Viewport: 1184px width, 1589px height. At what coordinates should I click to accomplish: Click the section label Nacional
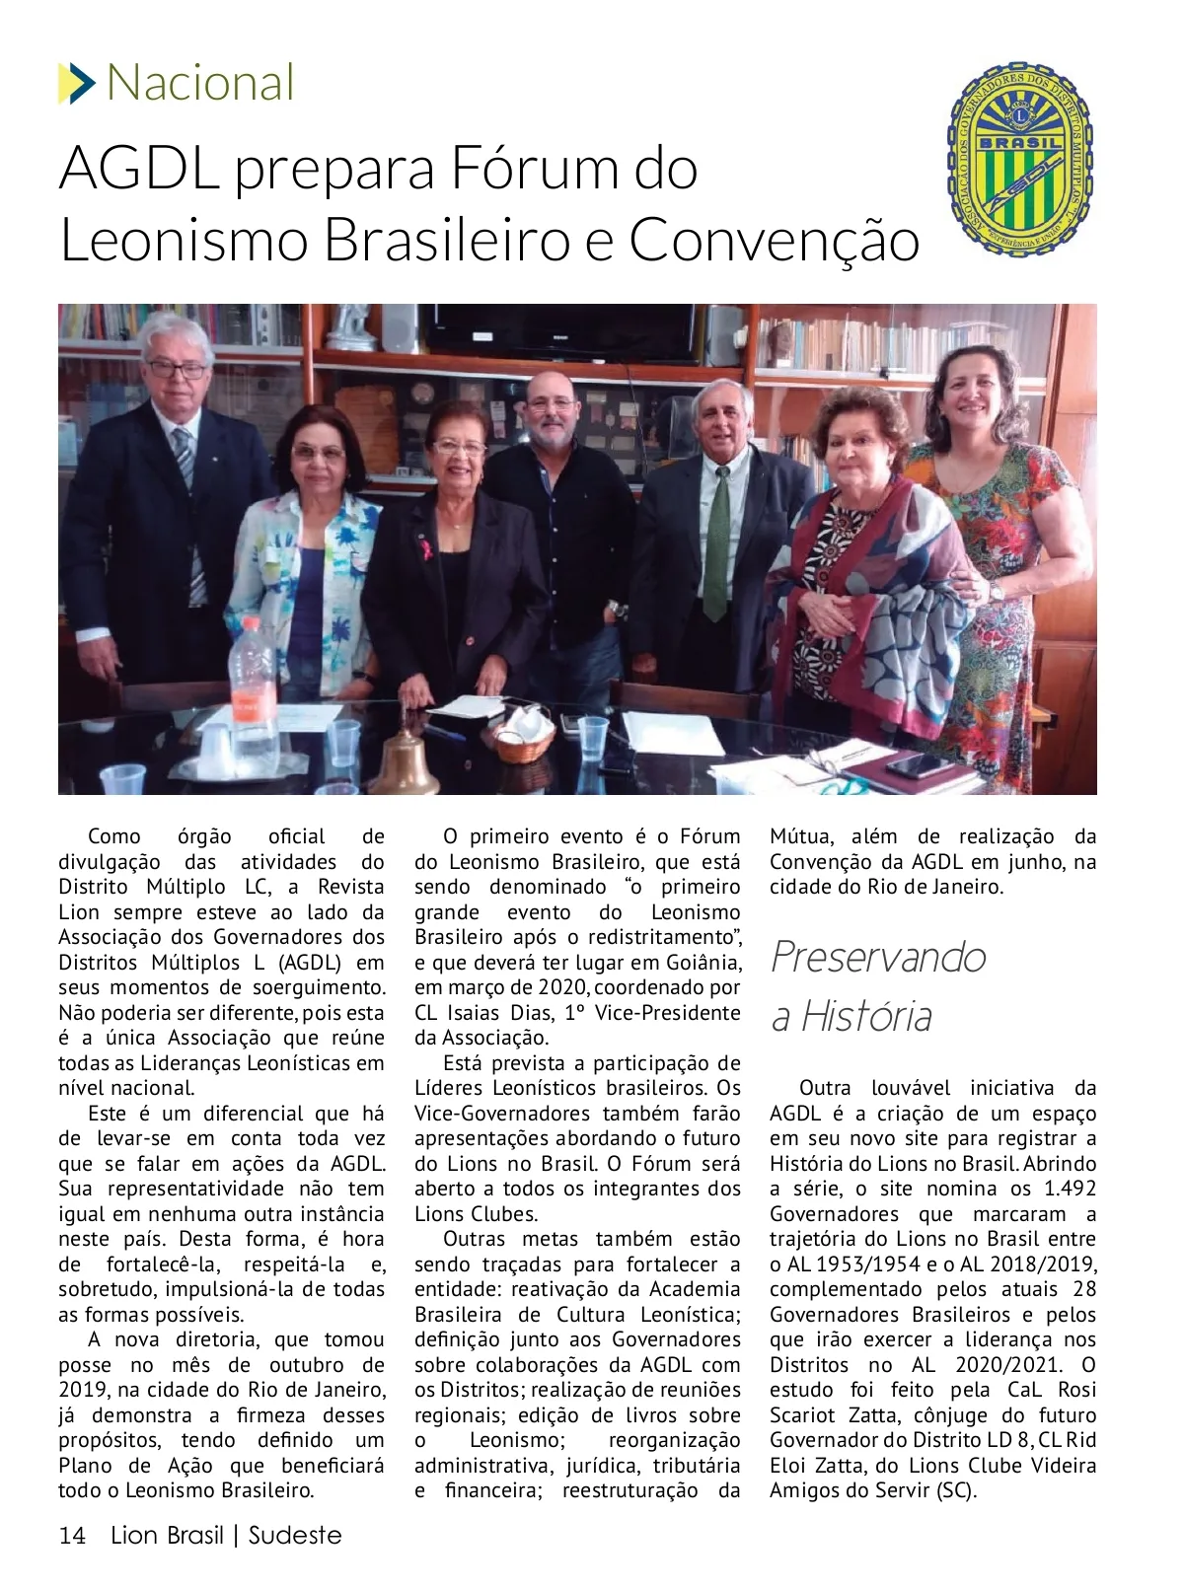coord(200,83)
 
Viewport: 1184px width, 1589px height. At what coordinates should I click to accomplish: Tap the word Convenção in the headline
coord(775,240)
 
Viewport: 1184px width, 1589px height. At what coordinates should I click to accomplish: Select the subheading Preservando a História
coord(878,985)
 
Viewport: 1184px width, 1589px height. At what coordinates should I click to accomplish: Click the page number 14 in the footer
coord(73,1536)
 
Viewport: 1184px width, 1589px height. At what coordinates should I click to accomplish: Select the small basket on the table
coord(523,735)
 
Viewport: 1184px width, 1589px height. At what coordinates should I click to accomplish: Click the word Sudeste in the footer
coord(295,1536)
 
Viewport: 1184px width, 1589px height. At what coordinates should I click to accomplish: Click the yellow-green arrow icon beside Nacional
coord(76,83)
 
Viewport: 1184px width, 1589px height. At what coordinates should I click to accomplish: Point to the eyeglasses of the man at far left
coord(178,370)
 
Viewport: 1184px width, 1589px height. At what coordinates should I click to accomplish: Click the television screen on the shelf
coord(572,330)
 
